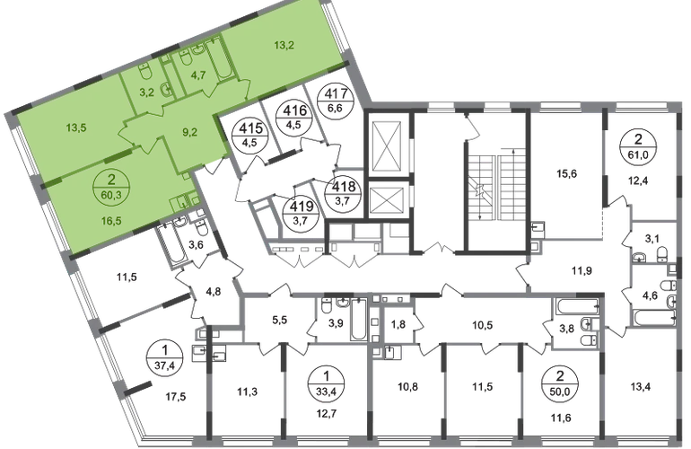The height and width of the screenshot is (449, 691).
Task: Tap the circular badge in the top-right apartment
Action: (x=640, y=143)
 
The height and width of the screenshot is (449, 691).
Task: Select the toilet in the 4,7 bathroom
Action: (x=185, y=56)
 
